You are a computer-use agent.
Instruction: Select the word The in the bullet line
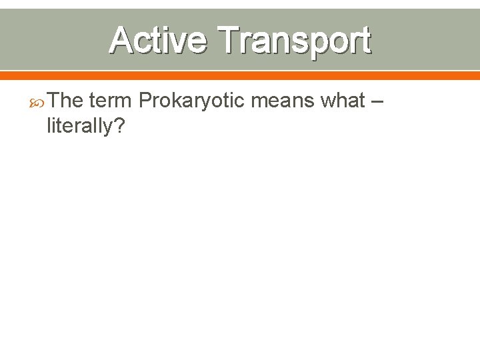coord(65,101)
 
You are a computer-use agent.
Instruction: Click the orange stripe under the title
coord(240,75)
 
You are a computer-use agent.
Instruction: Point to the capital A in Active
coord(121,41)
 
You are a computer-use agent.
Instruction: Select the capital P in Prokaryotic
coord(145,101)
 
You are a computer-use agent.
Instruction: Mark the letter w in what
coord(329,102)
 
